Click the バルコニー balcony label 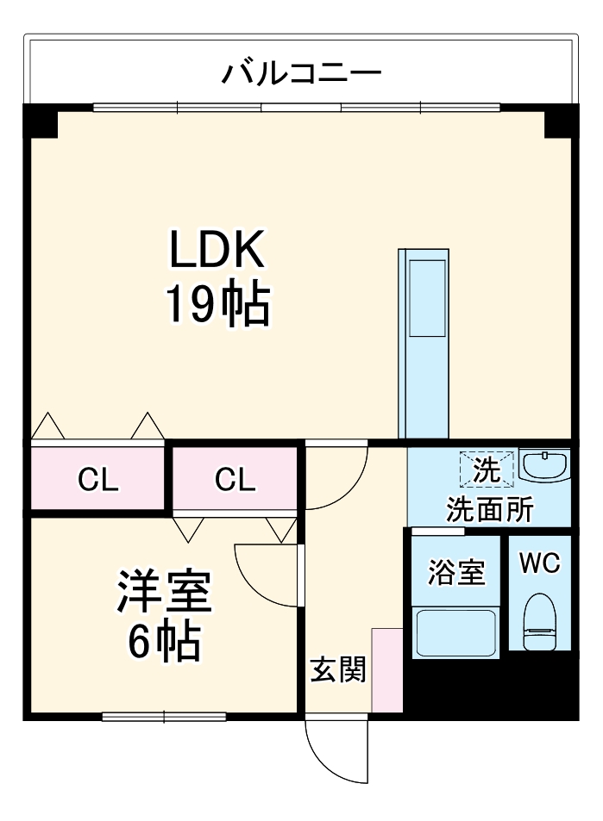(x=301, y=74)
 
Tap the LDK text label (x=216, y=252)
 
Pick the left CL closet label (x=97, y=480)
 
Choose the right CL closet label (x=236, y=480)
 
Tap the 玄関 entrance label (x=338, y=669)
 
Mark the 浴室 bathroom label (x=455, y=572)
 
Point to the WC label (x=540, y=564)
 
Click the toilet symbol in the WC (x=541, y=621)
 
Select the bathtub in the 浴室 (x=455, y=633)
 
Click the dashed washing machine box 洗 (x=487, y=470)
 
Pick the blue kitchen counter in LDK (x=424, y=345)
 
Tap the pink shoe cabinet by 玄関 (x=386, y=670)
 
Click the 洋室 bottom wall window (x=164, y=716)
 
